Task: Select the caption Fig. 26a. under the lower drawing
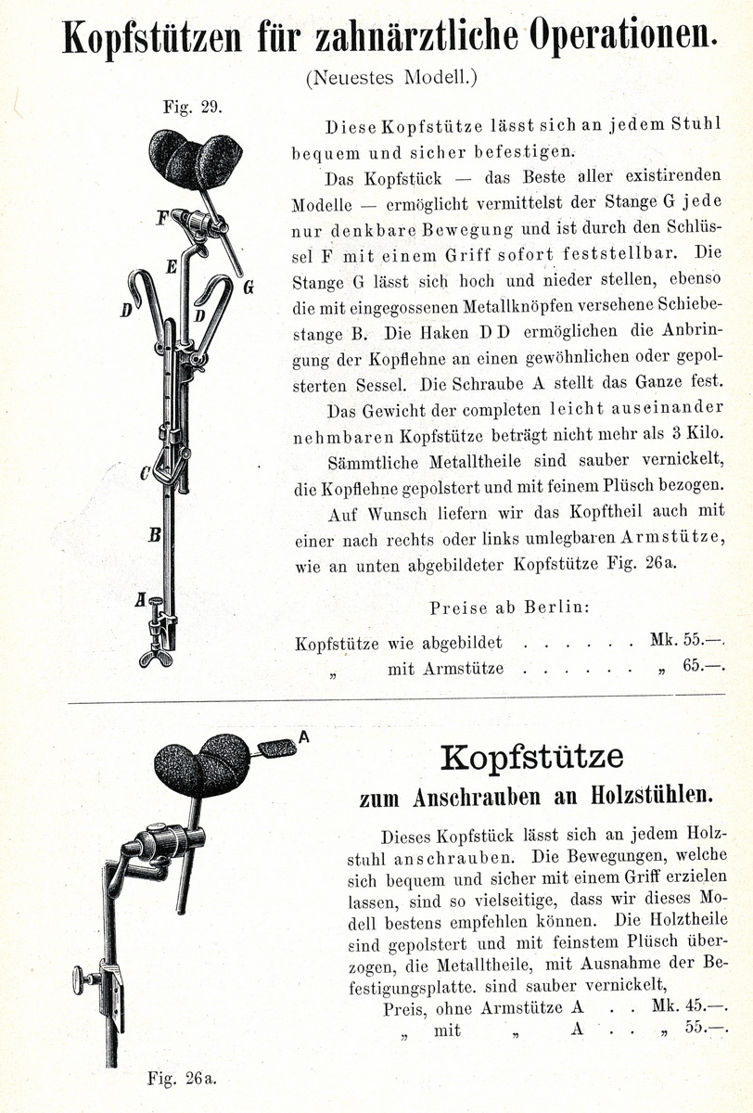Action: coord(182,1078)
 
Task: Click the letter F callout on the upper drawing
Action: coord(161,219)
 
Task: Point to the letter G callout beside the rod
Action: coord(249,288)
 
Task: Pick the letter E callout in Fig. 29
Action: coord(172,267)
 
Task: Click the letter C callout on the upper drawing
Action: coord(145,473)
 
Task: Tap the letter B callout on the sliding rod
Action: coord(155,535)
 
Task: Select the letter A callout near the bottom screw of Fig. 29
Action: coord(140,600)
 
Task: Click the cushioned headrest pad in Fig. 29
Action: coord(195,160)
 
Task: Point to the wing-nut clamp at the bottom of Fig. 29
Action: coord(157,657)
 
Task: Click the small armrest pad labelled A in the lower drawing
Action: coord(275,748)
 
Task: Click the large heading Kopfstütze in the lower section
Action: coord(532,758)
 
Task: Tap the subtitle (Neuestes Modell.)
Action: coord(391,78)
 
